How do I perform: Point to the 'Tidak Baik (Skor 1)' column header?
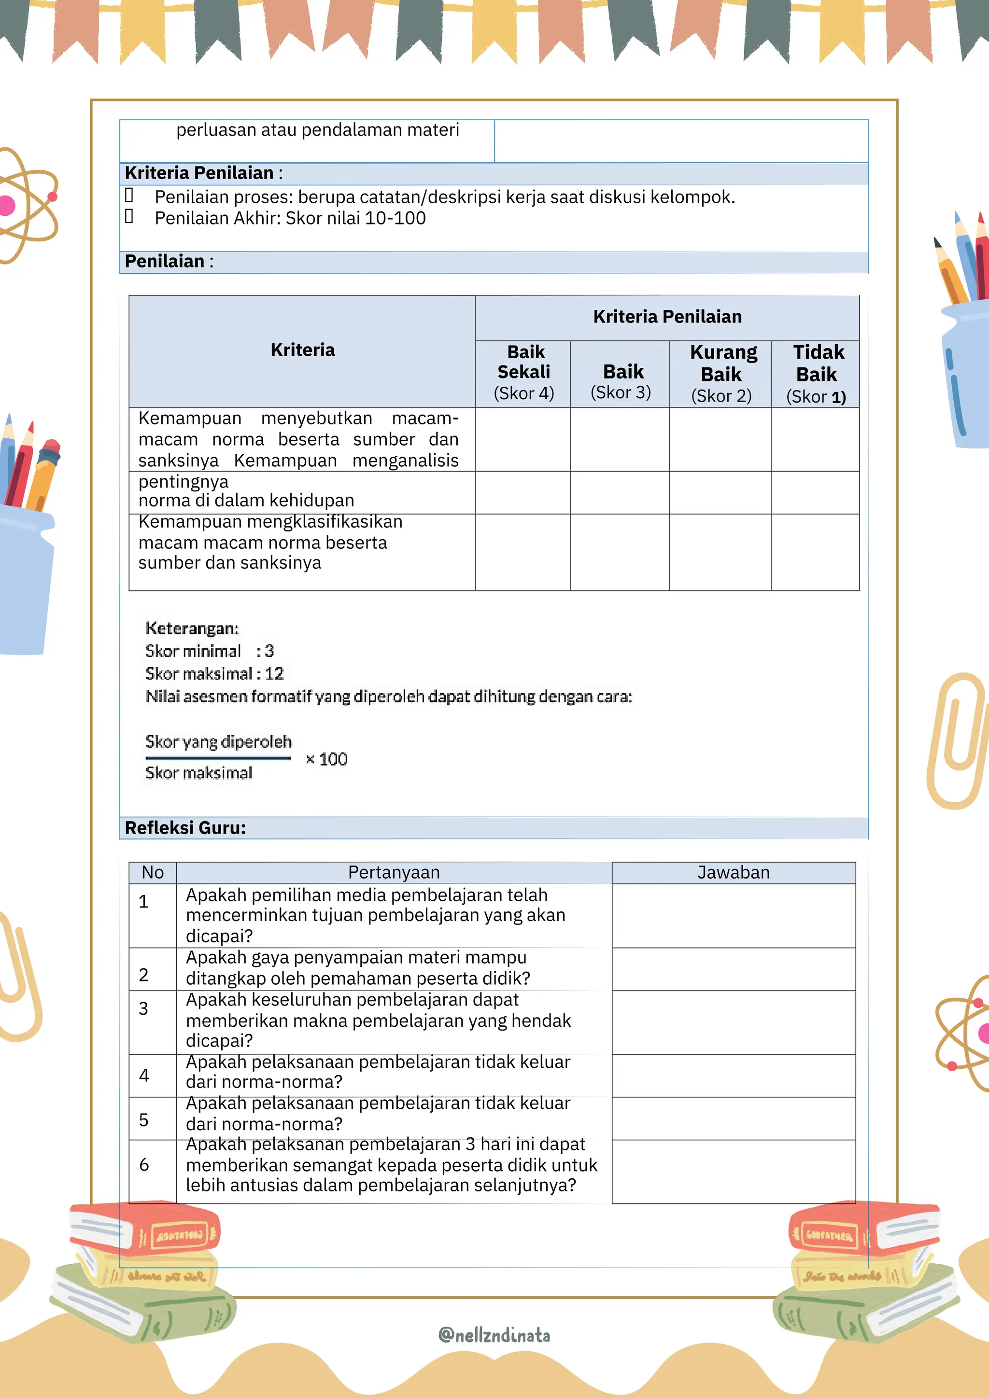point(817,374)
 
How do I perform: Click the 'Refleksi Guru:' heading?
point(185,828)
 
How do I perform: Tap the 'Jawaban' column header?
point(733,872)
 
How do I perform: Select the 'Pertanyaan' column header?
point(394,872)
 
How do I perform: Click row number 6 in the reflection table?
point(144,1165)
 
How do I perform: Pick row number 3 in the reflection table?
point(144,1009)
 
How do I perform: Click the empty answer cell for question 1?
point(733,915)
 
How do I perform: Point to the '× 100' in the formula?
point(326,759)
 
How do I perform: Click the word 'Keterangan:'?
point(192,629)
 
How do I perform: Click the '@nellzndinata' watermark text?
point(494,1335)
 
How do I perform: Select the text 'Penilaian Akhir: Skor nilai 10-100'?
point(290,219)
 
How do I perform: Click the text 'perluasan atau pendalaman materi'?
point(317,130)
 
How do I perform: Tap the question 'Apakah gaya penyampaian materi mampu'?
point(356,958)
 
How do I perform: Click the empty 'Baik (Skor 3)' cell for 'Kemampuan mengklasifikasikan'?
point(620,552)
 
